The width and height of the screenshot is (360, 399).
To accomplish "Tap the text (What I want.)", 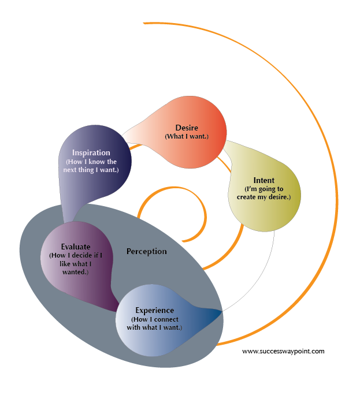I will pos(186,136).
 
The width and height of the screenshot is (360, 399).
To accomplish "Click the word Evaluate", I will pos(75,247).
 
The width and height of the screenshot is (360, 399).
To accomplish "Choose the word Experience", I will pos(154,310).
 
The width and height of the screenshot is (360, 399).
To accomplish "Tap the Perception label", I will pos(147,251).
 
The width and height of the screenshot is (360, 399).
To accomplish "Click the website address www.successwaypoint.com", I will pos(283,351).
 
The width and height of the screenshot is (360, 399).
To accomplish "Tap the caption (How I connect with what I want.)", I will pos(156,323).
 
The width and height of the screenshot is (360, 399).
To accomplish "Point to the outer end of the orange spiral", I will pos(144,24).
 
